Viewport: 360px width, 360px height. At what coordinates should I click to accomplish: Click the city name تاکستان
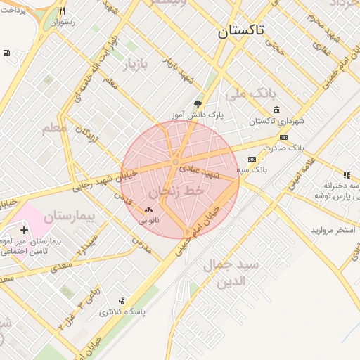click(x=241, y=31)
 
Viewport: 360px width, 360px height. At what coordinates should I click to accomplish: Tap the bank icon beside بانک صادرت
click(x=283, y=137)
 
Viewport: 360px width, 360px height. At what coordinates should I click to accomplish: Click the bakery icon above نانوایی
click(x=148, y=210)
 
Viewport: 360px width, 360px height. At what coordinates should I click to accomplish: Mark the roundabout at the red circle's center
click(x=176, y=163)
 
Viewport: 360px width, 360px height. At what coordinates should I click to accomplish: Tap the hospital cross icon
click(x=25, y=230)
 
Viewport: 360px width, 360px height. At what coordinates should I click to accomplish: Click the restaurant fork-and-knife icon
click(x=63, y=11)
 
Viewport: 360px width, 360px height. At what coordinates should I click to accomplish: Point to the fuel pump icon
click(x=6, y=53)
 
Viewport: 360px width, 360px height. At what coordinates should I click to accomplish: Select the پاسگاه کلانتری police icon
click(x=122, y=301)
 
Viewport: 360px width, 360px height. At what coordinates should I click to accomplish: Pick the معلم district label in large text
click(x=56, y=127)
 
